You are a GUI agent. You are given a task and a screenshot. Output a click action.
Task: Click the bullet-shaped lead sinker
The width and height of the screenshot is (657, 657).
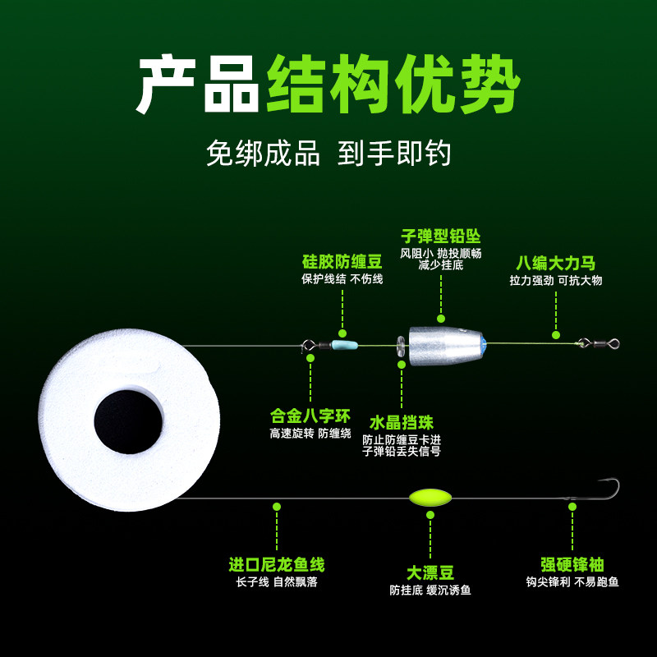point(444,345)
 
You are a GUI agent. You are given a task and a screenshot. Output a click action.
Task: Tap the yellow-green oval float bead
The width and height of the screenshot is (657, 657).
point(430,498)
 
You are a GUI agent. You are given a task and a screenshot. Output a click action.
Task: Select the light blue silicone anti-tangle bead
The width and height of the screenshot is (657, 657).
point(344,346)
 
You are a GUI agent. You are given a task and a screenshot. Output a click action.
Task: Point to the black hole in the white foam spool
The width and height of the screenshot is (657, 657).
point(127,421)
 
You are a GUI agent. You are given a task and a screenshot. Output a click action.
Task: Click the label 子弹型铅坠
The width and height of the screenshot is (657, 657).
point(440,237)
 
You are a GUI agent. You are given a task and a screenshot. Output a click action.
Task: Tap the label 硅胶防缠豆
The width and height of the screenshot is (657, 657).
point(342,262)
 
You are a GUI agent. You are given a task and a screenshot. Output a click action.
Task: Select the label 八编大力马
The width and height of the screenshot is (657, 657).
point(555,263)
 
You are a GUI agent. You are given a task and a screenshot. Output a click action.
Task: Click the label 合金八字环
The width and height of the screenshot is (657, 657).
point(310,416)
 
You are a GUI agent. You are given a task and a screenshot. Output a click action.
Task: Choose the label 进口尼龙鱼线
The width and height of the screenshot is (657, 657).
point(276,565)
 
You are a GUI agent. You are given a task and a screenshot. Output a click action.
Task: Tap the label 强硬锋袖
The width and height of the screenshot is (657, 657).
point(572,565)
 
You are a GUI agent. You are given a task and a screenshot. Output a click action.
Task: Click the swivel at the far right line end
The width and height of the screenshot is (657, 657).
point(596,344)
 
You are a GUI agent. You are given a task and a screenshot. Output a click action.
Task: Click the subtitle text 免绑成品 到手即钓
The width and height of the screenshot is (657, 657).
point(328,154)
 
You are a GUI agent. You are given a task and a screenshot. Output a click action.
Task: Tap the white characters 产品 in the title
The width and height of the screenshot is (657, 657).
point(197,85)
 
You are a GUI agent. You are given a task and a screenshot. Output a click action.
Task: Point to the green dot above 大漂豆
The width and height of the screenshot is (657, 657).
point(430,515)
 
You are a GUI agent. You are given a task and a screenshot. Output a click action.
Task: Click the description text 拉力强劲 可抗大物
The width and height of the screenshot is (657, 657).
point(555,280)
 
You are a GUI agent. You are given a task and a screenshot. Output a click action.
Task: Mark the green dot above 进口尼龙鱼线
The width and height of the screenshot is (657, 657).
point(277,507)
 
